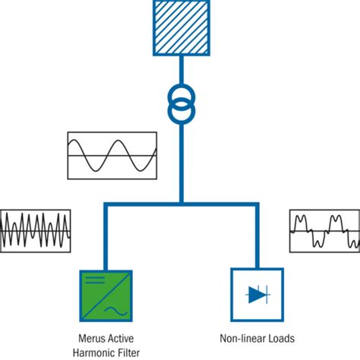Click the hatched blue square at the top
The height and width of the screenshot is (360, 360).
pos(181,27)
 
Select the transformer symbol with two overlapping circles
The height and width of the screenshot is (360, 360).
pos(181,103)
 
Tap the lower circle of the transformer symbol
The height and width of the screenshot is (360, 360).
pos(181,111)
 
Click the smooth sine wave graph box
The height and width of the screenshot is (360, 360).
pos(112,156)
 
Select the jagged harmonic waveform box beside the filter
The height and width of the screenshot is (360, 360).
pos(36,231)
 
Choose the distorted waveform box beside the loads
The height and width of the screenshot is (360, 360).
pos(324,231)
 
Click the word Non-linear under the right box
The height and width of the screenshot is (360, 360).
pos(237,339)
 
